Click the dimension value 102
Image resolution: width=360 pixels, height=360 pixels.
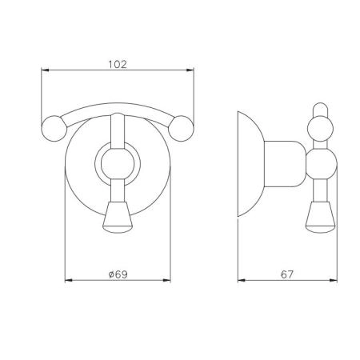[x=118, y=64]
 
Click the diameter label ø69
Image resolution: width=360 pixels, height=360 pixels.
[x=118, y=274]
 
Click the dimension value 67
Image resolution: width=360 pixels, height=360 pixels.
[x=287, y=274]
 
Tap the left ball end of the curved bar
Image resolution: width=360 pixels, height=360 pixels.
[x=54, y=128]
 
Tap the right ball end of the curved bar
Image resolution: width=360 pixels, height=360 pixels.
[x=181, y=128]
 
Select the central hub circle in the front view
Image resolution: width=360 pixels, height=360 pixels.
[x=118, y=163]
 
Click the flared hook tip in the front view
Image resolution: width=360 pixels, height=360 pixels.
[x=118, y=218]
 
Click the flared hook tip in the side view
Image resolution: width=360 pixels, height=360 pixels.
[x=321, y=218]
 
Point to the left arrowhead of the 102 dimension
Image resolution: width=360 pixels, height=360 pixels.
[x=45, y=70]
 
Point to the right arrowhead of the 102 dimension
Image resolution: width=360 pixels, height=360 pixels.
[x=190, y=70]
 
